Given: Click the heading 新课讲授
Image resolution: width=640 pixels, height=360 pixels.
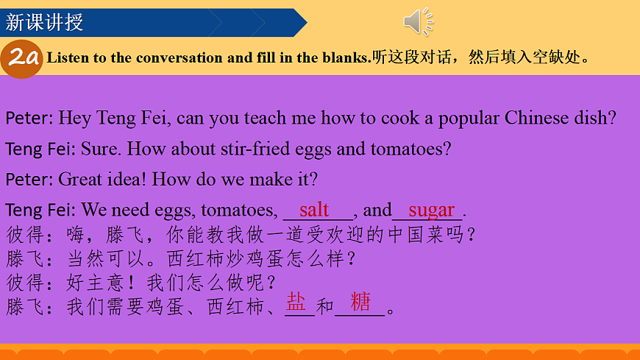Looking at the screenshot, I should [x=44, y=21].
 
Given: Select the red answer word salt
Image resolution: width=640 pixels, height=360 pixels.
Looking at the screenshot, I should [x=314, y=210].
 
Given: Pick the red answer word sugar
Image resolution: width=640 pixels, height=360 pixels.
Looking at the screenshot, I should [x=432, y=210].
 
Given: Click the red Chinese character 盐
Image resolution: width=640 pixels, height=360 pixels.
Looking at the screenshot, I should [x=296, y=302].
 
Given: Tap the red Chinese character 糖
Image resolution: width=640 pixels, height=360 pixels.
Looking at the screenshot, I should [x=360, y=302].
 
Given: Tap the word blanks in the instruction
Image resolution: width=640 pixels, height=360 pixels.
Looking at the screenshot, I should [x=346, y=57].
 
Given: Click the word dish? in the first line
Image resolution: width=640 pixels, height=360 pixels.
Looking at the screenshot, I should [x=596, y=118].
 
